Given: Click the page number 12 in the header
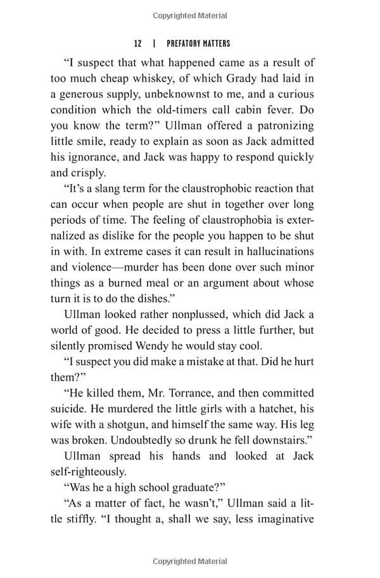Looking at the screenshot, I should [x=137, y=44].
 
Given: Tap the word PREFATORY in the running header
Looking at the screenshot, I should [x=184, y=44].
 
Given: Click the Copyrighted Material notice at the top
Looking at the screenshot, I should [x=190, y=16].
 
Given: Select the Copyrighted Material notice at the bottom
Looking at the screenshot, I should [x=190, y=562].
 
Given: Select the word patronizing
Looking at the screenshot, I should [x=278, y=126].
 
